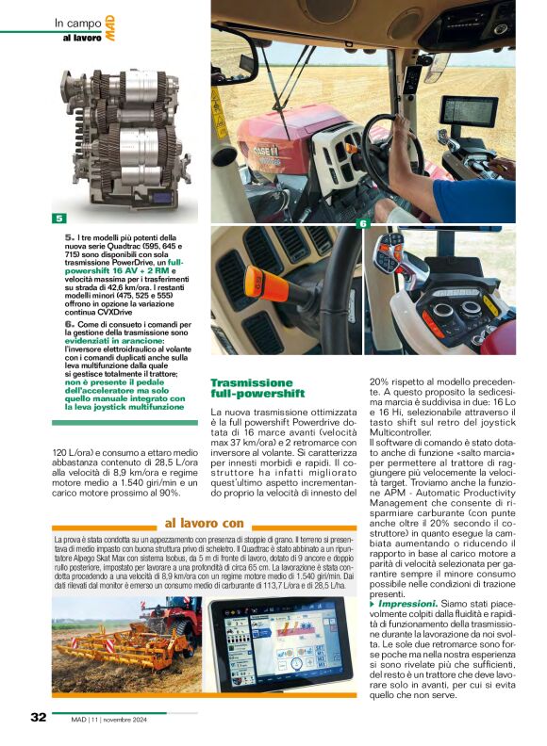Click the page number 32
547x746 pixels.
(38, 717)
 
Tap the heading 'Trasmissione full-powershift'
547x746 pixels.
(257, 388)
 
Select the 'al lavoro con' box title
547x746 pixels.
(204, 523)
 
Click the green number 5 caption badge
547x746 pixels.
(58, 219)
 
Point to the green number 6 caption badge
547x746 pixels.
(363, 223)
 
